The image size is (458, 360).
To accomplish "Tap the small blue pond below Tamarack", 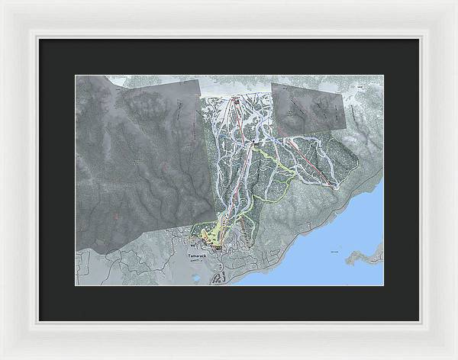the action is click(196, 278).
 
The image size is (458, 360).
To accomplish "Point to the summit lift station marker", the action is click(236, 101).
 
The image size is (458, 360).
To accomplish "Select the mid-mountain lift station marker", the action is click(257, 143).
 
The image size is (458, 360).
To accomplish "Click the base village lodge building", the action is click(218, 247).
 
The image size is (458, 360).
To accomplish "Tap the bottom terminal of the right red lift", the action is click(333, 185).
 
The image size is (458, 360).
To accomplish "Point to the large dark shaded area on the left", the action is click(137, 160).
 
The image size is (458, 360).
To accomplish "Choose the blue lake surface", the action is click(321, 244).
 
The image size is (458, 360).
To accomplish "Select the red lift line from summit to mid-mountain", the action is click(246, 122).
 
